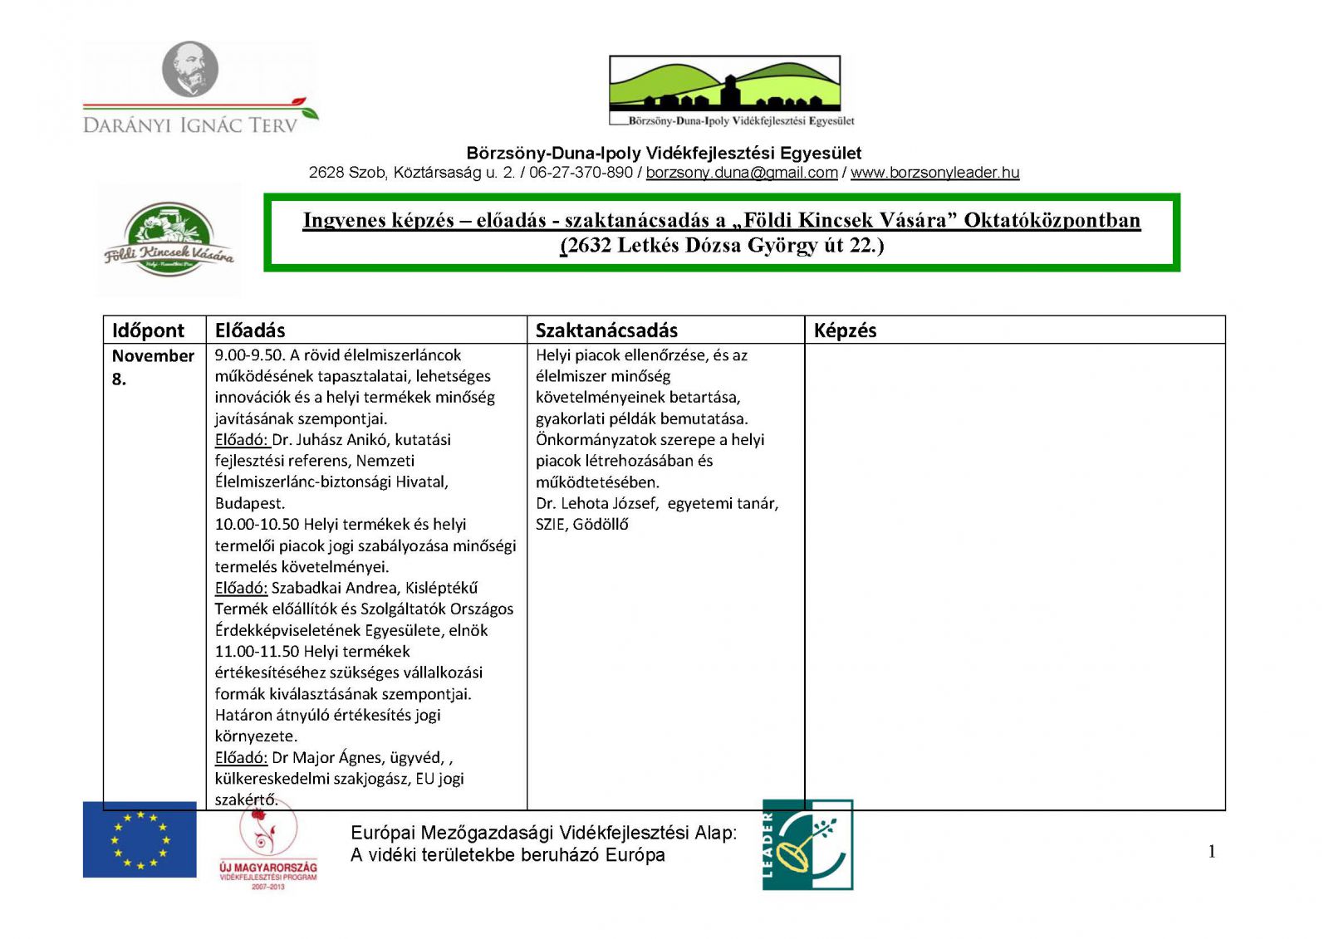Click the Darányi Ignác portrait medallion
190,70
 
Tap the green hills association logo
724,85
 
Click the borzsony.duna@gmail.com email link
742,173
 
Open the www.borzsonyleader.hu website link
934,173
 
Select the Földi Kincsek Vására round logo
169,239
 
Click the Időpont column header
149,330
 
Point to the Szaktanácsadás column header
606,330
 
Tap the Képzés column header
845,330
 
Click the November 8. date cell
153,366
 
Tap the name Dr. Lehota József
596,504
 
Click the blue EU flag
140,839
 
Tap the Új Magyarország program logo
267,849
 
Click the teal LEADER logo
807,845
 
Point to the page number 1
1212,851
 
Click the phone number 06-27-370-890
581,173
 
